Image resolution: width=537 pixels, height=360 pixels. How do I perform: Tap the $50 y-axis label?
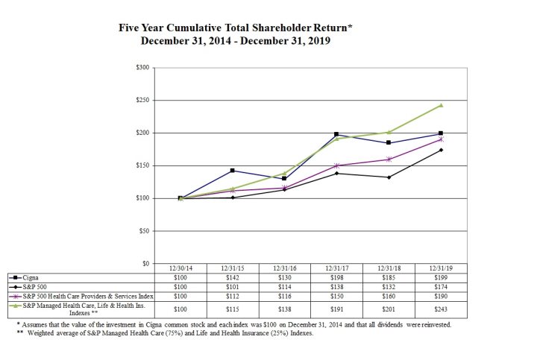pos(142,231)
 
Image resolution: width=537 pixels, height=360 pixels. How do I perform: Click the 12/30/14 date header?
pos(180,267)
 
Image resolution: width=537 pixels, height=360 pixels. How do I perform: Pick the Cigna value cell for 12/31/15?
pos(233,277)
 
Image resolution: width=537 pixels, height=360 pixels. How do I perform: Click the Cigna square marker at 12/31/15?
pos(233,171)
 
